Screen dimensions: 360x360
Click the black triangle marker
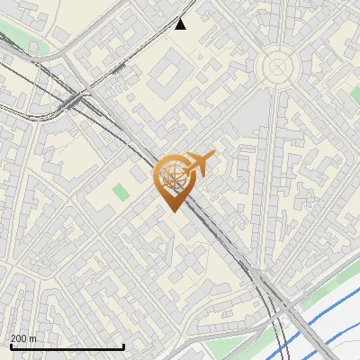tap(181, 23)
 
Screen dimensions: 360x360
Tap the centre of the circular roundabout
tap(277, 66)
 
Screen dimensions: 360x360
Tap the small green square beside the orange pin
tap(121, 192)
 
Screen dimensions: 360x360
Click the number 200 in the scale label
tap(19, 338)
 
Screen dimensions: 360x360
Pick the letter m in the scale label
tap(32, 338)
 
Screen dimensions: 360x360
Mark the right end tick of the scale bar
tap(123, 346)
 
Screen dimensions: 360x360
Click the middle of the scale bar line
tap(67, 347)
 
